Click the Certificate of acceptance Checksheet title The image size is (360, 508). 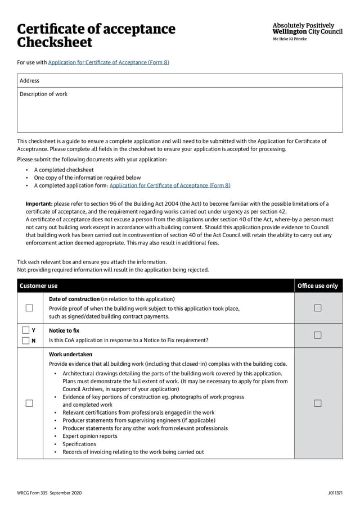tap(96, 35)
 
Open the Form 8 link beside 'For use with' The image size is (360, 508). tap(109, 62)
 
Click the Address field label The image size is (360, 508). tap(30, 81)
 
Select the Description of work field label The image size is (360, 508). tap(43, 94)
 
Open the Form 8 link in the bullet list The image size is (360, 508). tap(170, 185)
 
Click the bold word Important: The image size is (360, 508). tap(39, 203)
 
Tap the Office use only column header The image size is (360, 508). tap(318, 286)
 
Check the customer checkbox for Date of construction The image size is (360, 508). tap(29, 308)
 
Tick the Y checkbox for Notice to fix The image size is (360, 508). tap(25, 330)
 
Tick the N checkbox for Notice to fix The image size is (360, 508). tap(25, 341)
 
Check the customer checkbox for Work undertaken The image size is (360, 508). tap(29, 403)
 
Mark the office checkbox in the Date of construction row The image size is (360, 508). tap(318, 308)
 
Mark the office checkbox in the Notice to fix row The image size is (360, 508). tap(318, 335)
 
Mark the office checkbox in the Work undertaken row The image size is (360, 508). tap(318, 403)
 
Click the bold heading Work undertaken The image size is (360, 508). tap(70, 355)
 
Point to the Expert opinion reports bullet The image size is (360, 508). tap(90, 436)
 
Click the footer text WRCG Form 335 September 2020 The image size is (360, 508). tap(49, 493)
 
